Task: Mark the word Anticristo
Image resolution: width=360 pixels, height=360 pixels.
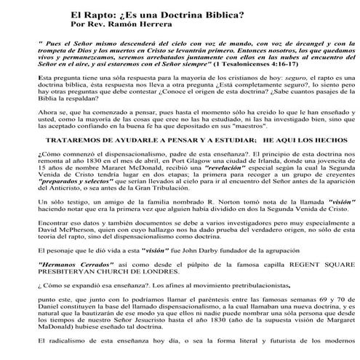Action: pyautogui.click(x=72, y=221)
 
